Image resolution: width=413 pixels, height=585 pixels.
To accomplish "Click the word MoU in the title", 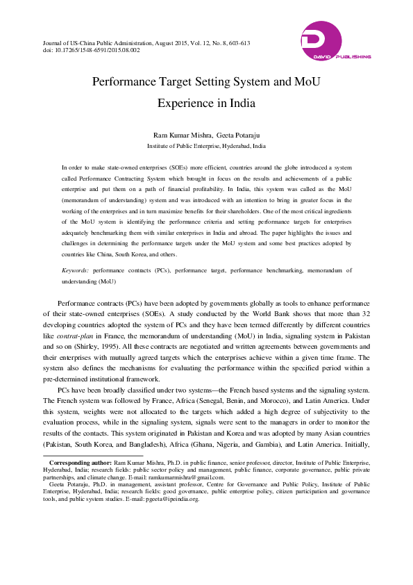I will tap(302, 81).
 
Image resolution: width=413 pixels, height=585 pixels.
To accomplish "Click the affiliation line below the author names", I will tap(206, 147).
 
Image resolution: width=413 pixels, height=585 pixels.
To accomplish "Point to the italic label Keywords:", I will tap(75, 269).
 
